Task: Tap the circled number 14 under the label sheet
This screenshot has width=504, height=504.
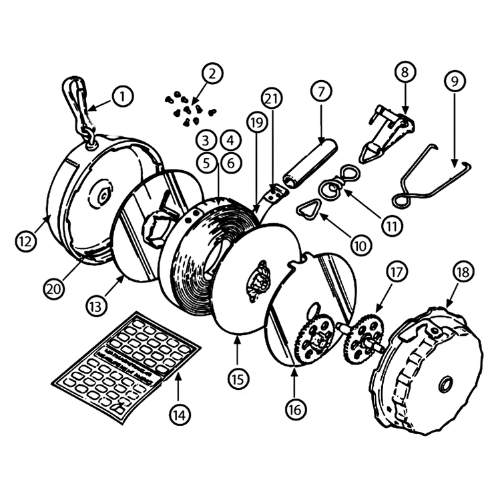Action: point(180,415)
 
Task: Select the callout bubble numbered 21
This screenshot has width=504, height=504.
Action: point(272,99)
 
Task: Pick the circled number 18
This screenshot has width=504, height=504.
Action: point(463,272)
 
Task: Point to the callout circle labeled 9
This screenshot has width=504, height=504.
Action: point(455,81)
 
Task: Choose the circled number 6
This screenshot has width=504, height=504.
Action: point(231,164)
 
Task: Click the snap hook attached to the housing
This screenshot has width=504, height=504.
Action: point(78,111)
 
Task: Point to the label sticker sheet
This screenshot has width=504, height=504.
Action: point(125,366)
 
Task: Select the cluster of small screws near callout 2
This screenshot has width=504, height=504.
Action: point(190,109)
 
